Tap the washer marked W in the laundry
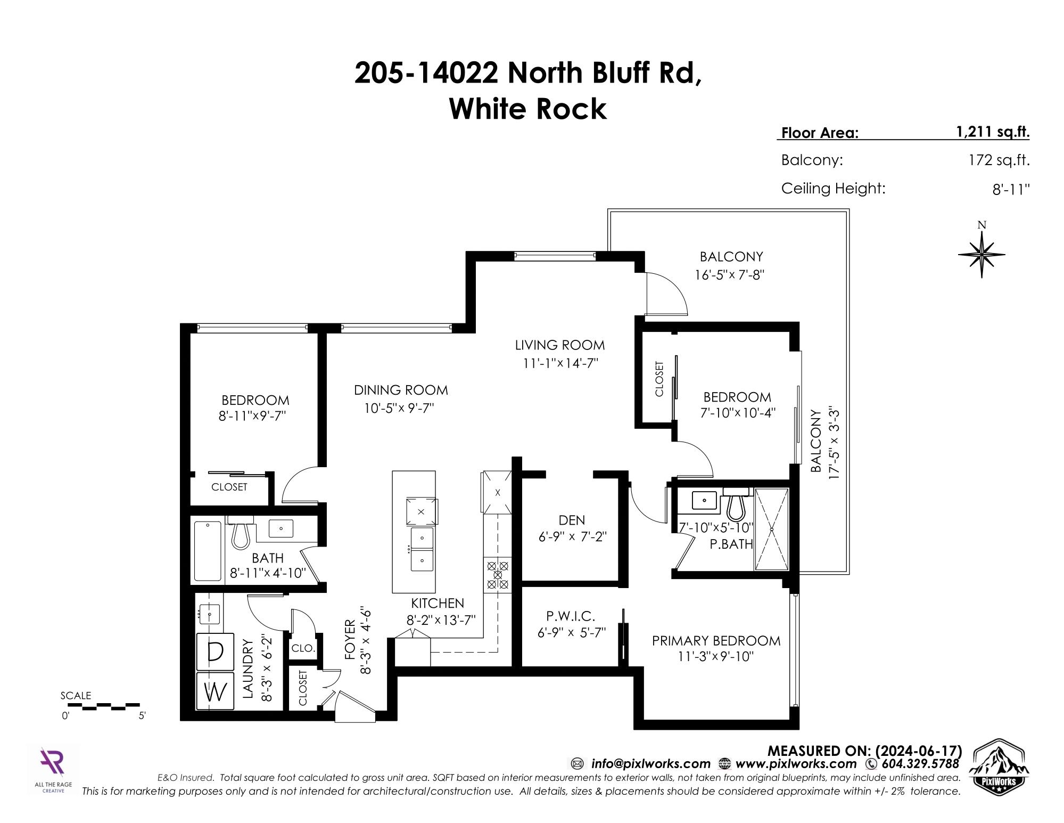(215, 691)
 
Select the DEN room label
(572, 520)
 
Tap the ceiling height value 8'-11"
(1011, 189)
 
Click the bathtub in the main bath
(208, 551)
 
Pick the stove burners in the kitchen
(498, 575)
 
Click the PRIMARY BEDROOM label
(716, 641)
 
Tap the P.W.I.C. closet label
(571, 616)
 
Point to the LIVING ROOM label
(560, 345)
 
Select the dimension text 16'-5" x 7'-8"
(730, 275)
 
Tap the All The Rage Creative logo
(53, 771)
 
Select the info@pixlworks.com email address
(650, 764)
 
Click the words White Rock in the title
(528, 109)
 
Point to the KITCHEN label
(438, 603)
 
